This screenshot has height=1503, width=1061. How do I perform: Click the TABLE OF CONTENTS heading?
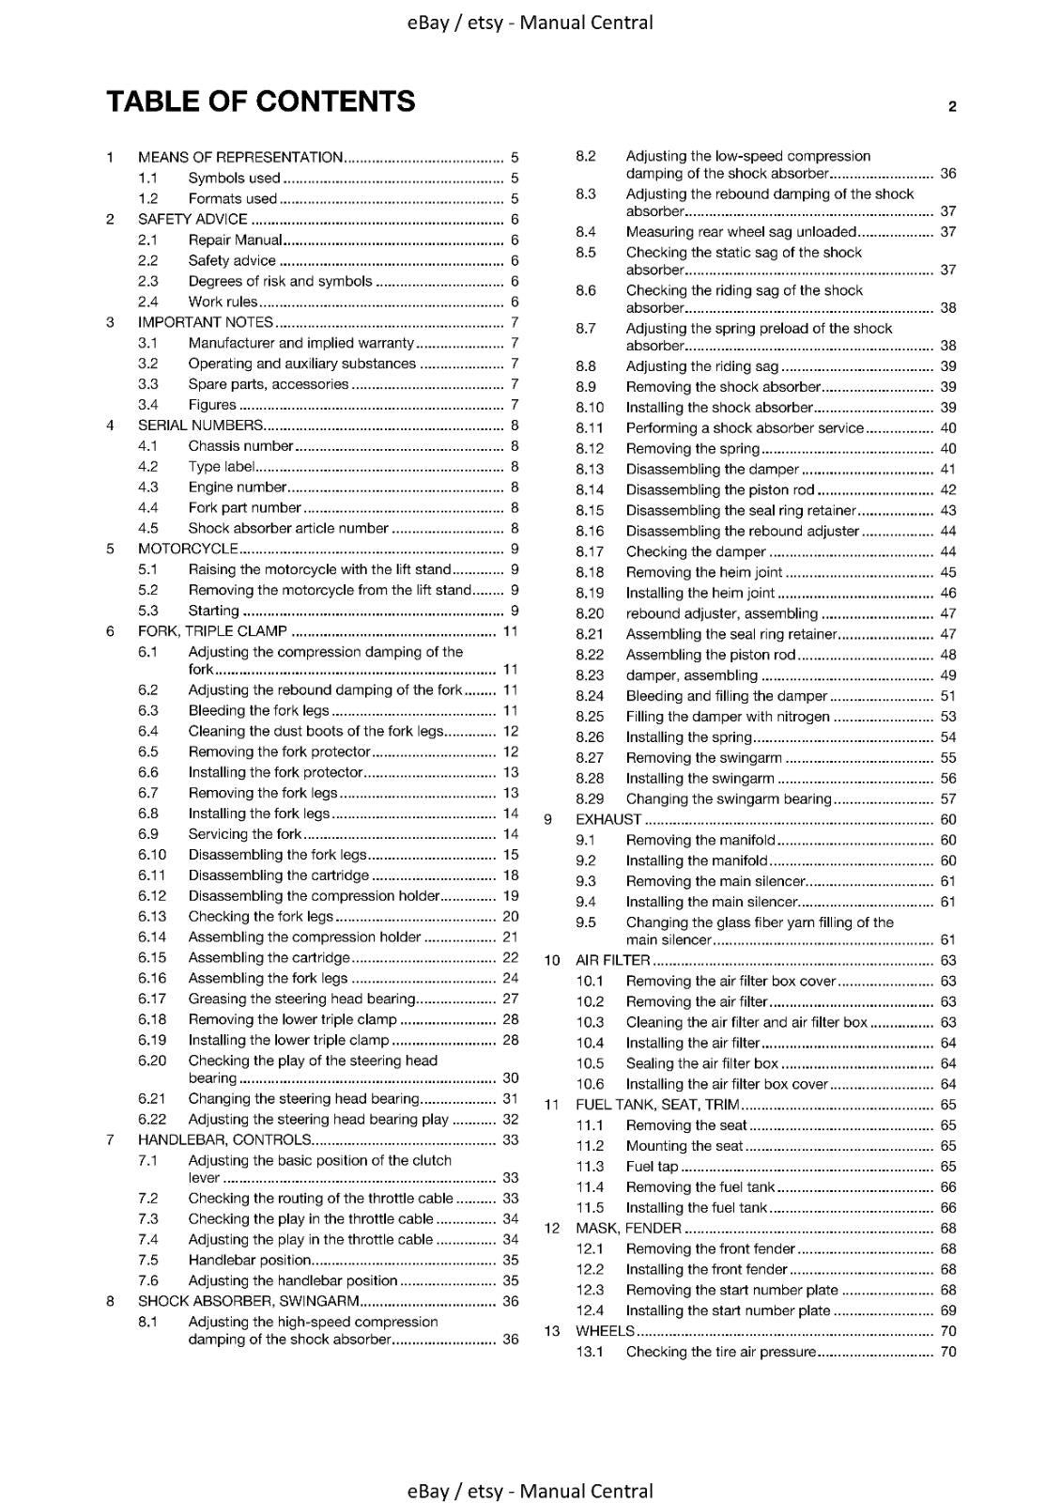coord(261,101)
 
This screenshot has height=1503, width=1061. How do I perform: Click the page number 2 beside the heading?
coord(952,106)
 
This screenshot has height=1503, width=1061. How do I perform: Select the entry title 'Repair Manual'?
coord(235,240)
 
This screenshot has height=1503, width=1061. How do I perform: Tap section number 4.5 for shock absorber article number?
coord(148,528)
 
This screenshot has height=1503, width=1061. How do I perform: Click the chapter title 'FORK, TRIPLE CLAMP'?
coord(212,631)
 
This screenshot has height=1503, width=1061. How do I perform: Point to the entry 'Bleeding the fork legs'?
coord(258,710)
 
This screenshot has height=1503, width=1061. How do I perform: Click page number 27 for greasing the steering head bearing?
coord(511,999)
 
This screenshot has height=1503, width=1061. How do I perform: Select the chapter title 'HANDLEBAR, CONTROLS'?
coord(224,1139)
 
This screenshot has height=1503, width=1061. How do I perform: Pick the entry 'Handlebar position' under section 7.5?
coord(249,1260)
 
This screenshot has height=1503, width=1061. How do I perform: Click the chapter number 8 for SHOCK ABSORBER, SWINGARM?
coord(111,1301)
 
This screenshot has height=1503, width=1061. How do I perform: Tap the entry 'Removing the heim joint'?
coord(704,572)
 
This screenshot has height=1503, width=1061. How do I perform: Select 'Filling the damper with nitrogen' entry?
coord(728,717)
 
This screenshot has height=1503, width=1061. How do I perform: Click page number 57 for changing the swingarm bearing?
coord(948,798)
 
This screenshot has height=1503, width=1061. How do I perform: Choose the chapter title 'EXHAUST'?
coord(608,819)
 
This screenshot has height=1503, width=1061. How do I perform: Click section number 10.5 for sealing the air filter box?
coord(590,1063)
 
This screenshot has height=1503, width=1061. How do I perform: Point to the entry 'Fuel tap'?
coord(652,1166)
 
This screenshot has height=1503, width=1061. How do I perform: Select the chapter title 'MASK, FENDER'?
coord(628,1228)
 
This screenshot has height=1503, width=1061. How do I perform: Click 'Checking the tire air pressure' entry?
coord(721,1352)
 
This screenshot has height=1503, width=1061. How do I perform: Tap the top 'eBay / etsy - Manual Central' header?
coord(530,23)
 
